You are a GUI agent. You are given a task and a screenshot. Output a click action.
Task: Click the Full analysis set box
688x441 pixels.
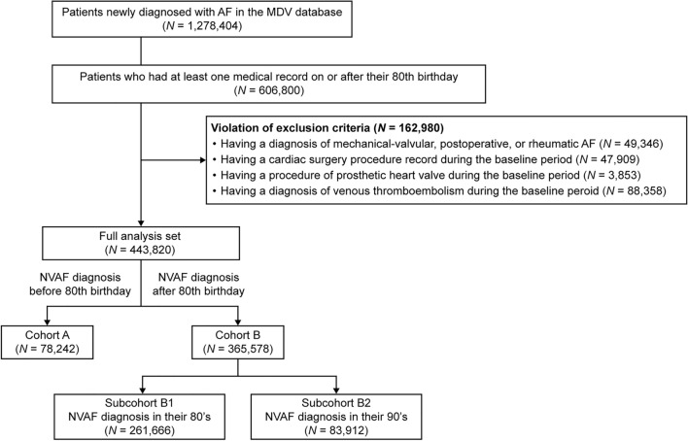click(142, 239)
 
